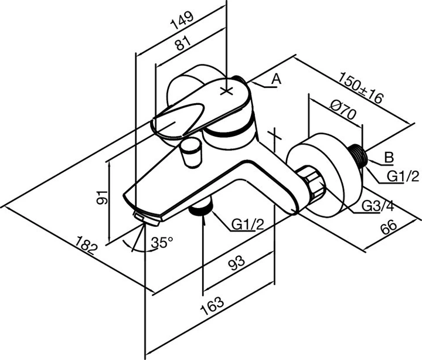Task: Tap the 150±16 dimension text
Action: tap(360, 88)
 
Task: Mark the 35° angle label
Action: tap(162, 242)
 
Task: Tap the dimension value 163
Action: tap(216, 303)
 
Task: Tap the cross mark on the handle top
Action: tap(227, 91)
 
